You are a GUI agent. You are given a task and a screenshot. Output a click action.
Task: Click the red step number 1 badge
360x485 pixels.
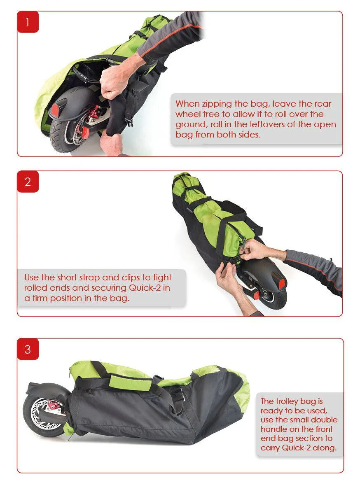click(x=28, y=22)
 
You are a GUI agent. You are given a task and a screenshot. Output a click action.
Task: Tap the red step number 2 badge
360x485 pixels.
click(x=28, y=182)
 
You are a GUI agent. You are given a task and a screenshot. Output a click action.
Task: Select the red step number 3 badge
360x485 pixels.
click(x=28, y=349)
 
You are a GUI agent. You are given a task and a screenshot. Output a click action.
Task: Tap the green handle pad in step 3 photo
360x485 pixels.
click(x=130, y=382)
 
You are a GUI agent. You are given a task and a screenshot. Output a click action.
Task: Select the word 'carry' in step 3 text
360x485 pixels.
click(x=270, y=448)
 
